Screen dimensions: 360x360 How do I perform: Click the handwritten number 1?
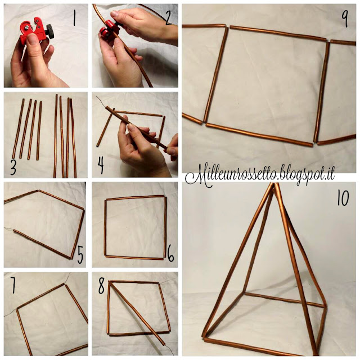pyautogui.click(x=74, y=21)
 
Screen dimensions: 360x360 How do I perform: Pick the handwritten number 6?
pyautogui.click(x=170, y=256)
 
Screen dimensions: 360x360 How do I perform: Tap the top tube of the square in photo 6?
pyautogui.click(x=134, y=197)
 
